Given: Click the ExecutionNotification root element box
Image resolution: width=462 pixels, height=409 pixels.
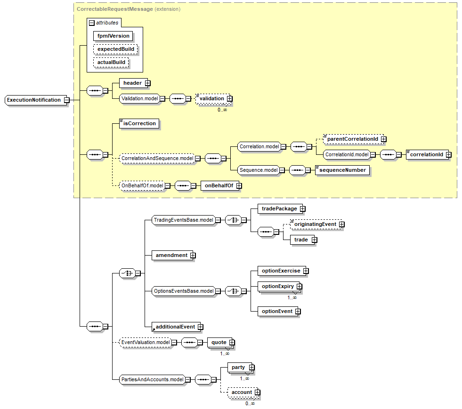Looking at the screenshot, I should click(x=34, y=100).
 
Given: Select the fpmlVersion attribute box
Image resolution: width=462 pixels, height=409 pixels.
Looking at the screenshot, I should click(x=113, y=36).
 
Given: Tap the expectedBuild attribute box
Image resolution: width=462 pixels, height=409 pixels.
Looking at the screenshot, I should click(x=116, y=49).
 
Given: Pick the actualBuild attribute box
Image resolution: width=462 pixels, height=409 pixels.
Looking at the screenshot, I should click(x=111, y=62).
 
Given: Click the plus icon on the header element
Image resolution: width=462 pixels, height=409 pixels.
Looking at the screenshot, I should click(x=147, y=83).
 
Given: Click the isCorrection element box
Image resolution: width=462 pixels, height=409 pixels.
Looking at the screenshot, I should click(x=139, y=124).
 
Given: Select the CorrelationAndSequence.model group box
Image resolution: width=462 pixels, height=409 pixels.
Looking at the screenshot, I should click(x=156, y=159).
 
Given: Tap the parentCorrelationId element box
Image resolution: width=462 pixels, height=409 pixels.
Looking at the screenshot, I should click(x=353, y=139).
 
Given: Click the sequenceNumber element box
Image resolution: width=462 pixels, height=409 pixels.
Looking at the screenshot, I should click(x=342, y=170).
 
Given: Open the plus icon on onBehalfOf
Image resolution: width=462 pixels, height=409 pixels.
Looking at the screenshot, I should click(x=239, y=186).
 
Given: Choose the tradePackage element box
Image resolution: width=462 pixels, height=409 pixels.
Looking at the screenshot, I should click(x=279, y=209).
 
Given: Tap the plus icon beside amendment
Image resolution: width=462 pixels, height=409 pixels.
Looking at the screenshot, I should click(x=192, y=255).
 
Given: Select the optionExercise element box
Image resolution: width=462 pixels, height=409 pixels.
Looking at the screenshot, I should click(x=281, y=271).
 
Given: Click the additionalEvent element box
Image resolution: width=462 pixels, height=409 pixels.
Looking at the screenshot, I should click(x=175, y=327).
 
